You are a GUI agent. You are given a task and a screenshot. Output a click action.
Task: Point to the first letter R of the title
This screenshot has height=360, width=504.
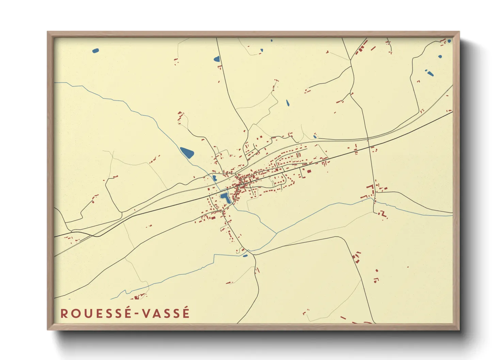pos(64,313)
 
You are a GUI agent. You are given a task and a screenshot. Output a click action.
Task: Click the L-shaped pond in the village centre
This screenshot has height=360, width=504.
pos(225,197)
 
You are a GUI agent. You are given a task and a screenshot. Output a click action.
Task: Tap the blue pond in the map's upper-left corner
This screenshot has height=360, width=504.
pos(95,51)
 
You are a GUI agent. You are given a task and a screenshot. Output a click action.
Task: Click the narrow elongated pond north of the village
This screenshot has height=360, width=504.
pos(287,102)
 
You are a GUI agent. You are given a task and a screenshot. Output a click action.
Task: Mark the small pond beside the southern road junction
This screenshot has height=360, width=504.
pos(245,256)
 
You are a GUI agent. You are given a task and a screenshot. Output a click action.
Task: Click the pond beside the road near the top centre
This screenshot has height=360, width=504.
pos(217,59)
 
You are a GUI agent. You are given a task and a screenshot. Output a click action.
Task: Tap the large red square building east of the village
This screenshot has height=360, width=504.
pos(309,171)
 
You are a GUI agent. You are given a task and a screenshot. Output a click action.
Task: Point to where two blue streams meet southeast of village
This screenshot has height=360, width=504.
pos(276,233)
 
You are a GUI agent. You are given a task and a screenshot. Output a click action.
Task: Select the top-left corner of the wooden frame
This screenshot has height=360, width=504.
pos(48,32)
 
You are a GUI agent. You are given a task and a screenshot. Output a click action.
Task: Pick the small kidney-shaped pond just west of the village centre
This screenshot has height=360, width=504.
pos(215,178)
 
